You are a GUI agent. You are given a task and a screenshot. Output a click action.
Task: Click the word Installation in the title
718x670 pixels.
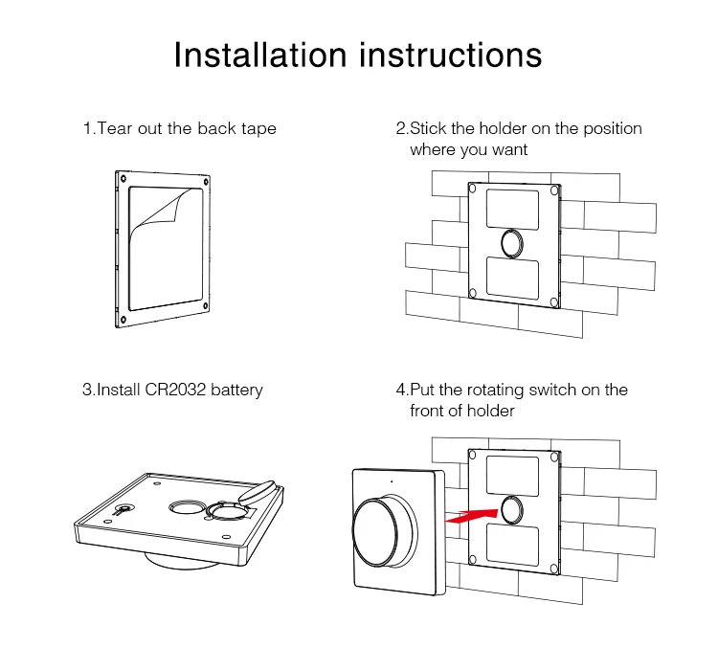click(260, 55)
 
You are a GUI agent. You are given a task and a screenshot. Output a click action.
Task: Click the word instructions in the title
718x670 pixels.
click(451, 55)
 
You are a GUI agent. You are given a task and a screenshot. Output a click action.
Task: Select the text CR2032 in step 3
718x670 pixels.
click(175, 390)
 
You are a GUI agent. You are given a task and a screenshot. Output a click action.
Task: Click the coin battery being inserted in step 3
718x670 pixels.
click(258, 492)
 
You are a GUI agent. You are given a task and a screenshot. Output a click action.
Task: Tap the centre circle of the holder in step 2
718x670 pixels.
click(512, 243)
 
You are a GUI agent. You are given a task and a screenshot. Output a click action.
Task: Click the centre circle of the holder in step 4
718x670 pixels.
click(512, 510)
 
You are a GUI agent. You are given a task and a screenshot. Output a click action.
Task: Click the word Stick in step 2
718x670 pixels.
click(428, 128)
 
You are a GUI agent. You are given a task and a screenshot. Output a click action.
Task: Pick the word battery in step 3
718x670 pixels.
click(236, 391)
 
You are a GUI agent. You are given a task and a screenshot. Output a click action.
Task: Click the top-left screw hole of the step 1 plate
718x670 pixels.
click(123, 178)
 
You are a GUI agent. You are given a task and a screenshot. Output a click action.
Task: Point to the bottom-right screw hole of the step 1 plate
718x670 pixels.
click(206, 306)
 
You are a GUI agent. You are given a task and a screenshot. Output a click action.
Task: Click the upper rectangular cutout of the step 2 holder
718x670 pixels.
click(512, 210)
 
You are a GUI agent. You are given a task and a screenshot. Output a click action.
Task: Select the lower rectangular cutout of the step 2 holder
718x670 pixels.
click(512, 278)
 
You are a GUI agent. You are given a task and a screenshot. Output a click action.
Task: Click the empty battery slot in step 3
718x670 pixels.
click(226, 510)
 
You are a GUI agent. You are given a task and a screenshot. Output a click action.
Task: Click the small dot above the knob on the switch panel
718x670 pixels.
click(391, 481)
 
